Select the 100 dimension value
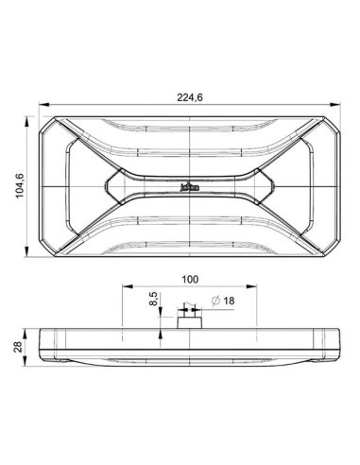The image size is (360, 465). click(x=190, y=281)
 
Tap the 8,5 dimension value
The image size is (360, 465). click(x=154, y=304)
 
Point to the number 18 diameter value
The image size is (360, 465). click(x=231, y=301)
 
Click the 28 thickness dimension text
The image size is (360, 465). click(x=19, y=348)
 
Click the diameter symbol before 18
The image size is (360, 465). click(x=216, y=301)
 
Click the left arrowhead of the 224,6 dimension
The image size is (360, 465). click(x=41, y=105)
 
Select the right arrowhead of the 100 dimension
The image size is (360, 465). click(x=257, y=289)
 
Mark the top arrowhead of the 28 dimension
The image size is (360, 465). click(x=27, y=329)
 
